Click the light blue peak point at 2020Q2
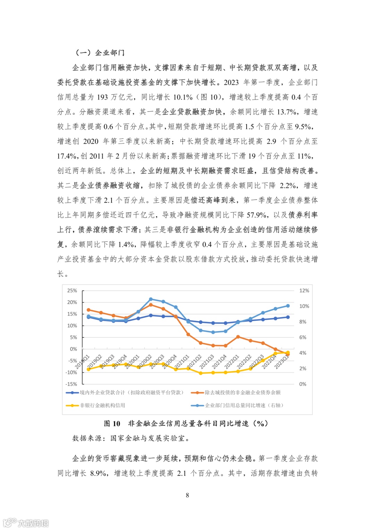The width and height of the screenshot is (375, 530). tap(151, 299)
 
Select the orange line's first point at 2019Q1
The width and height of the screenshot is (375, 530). tap(89, 310)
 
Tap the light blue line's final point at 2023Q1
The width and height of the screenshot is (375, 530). tap(288, 306)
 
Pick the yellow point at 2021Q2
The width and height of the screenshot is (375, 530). tap(201, 373)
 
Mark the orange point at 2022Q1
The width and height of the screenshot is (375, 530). tap(238, 337)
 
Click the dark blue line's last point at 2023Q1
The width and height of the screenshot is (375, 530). tap(288, 317)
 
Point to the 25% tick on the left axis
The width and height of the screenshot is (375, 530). tap(72, 291)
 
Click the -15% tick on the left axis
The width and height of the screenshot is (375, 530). tap(72, 384)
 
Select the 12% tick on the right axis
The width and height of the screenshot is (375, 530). tap(304, 291)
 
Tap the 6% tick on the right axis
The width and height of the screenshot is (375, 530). tap(303, 337)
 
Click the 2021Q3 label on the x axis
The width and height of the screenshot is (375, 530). tap(207, 362)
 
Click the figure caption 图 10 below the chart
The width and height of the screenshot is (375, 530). tap(112, 423)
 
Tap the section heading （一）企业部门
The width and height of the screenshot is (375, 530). tap(100, 53)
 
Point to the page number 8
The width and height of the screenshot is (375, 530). tap(187, 495)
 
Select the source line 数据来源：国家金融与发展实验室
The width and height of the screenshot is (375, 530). tap(131, 438)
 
